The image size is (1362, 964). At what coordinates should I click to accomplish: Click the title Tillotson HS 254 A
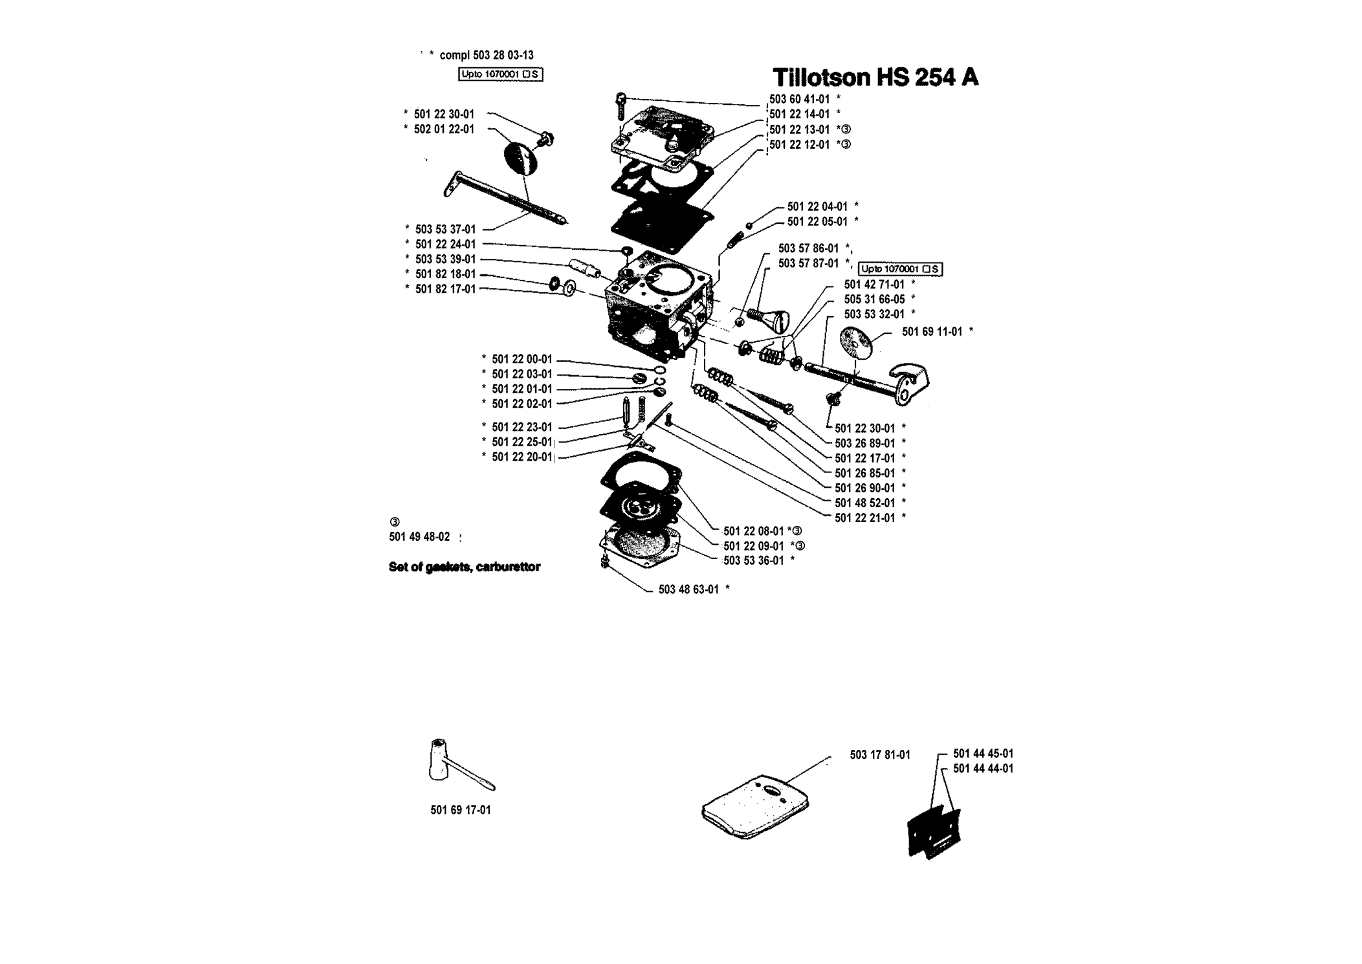pyautogui.click(x=875, y=78)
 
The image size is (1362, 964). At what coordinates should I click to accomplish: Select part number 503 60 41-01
pyautogui.click(x=800, y=99)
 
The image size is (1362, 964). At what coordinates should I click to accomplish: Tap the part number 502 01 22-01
pyautogui.click(x=444, y=129)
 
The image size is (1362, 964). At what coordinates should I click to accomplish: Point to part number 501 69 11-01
pyautogui.click(x=932, y=331)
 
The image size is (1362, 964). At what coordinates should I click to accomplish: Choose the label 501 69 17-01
pyautogui.click(x=461, y=810)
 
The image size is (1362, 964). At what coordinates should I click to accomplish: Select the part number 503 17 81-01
pyautogui.click(x=880, y=755)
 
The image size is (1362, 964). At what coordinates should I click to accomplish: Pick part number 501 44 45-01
pyautogui.click(x=983, y=754)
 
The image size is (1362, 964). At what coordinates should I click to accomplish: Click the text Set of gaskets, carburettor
pyautogui.click(x=465, y=567)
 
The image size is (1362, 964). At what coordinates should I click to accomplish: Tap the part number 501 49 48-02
pyautogui.click(x=419, y=537)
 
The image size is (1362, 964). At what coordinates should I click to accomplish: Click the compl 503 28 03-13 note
pyautogui.click(x=487, y=56)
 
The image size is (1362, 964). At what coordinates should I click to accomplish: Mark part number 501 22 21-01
pyautogui.click(x=865, y=518)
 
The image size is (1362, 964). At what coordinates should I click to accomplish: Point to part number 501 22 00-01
pyautogui.click(x=522, y=359)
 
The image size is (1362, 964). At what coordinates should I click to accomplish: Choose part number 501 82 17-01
pyautogui.click(x=445, y=289)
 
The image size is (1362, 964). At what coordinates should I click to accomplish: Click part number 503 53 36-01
pyautogui.click(x=754, y=560)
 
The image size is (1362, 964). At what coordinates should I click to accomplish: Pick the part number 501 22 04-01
pyautogui.click(x=817, y=206)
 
